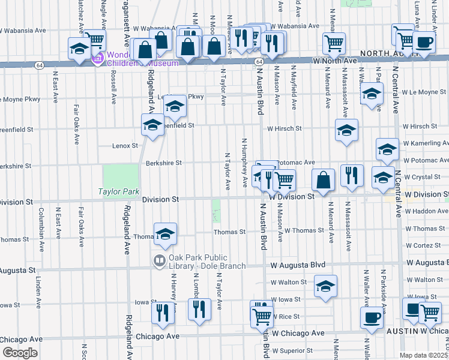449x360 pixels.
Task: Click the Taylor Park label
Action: [x=119, y=192]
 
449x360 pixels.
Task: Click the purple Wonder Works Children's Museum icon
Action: [x=97, y=59]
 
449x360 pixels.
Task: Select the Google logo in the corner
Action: [x=20, y=353]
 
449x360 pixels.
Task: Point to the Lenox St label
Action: [x=125, y=145]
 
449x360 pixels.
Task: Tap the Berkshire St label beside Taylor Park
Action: [x=163, y=163]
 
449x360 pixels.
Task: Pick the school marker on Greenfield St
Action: [x=153, y=125]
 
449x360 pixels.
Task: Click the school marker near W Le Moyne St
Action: [x=372, y=94]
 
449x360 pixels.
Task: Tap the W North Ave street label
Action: [x=336, y=61]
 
